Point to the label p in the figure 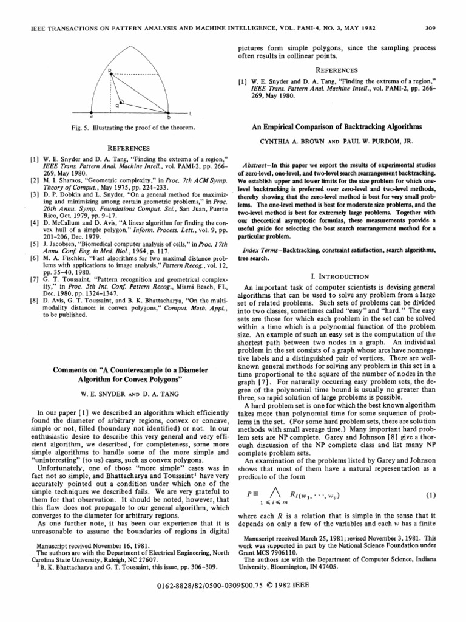pos(110,72)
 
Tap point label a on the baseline pos(91,117)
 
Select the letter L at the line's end pos(190,114)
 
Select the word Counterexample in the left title pos(138,370)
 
